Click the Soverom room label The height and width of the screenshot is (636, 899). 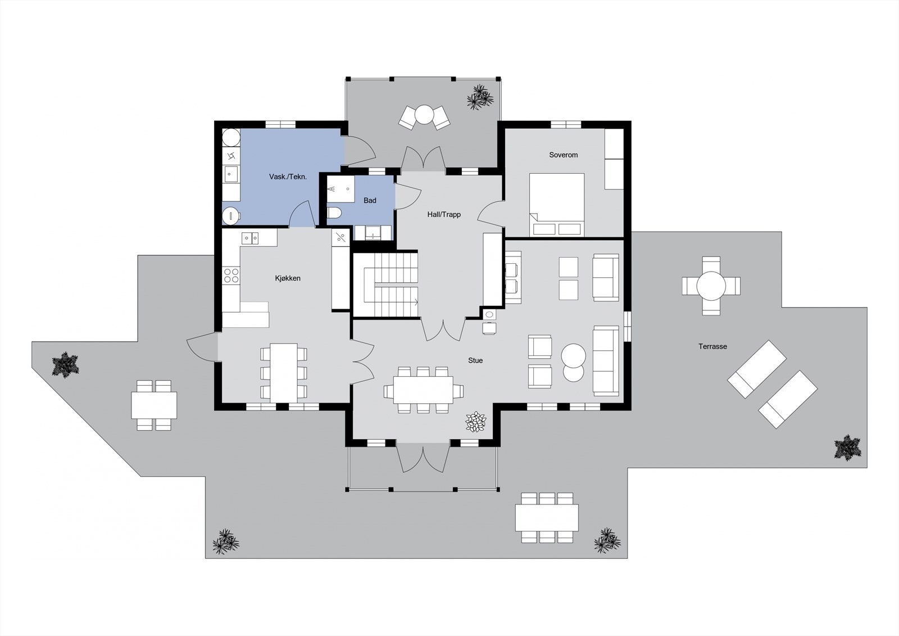(x=563, y=155)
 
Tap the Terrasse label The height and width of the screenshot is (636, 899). (x=712, y=346)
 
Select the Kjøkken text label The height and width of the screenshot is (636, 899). (x=288, y=278)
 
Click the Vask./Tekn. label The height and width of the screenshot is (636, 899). (x=288, y=177)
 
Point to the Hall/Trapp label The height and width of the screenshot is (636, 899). (x=444, y=214)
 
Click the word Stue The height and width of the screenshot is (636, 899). (x=475, y=360)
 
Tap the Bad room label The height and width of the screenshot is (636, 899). (x=370, y=200)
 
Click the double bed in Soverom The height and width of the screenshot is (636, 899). (x=556, y=205)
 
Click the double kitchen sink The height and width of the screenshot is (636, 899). (x=250, y=238)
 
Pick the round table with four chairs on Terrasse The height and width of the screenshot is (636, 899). (x=711, y=286)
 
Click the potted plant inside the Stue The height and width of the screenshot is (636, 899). (x=476, y=421)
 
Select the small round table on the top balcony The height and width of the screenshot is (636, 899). (x=424, y=115)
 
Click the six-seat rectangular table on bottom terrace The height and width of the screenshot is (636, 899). (x=547, y=518)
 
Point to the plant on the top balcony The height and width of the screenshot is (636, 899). (x=480, y=96)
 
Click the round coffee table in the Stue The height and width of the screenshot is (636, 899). (x=574, y=356)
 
